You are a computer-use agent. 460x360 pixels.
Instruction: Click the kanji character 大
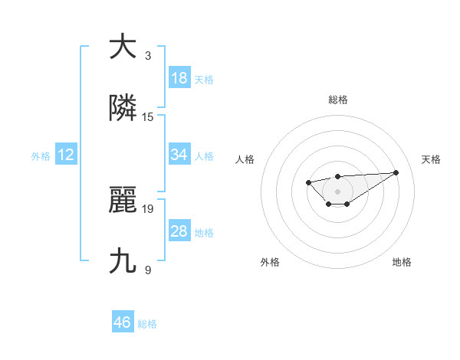[123, 47]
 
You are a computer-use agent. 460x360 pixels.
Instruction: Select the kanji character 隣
[123, 109]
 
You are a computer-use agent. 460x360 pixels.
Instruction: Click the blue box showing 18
[179, 78]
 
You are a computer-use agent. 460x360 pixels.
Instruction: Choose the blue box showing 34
[179, 155]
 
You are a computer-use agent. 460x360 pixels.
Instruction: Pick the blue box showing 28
[179, 231]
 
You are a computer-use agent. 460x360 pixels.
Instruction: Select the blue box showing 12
[66, 155]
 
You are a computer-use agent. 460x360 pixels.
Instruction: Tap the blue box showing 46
[123, 322]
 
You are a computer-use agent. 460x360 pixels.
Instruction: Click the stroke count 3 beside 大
[148, 56]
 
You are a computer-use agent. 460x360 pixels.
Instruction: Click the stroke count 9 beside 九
[148, 270]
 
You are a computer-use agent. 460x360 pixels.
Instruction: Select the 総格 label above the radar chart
[338, 100]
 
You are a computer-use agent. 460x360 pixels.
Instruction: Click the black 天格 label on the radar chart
[432, 159]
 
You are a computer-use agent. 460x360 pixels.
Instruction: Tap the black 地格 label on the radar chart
[402, 262]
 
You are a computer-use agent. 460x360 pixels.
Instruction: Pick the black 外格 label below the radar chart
[270, 262]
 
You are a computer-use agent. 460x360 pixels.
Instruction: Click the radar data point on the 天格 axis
[396, 172]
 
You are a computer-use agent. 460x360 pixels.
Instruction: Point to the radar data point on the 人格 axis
[308, 182]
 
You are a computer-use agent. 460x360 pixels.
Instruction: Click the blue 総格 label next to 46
[147, 324]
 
